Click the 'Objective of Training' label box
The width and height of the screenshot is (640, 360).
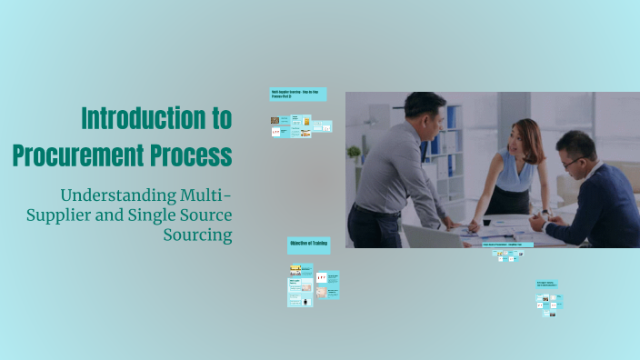(308, 244)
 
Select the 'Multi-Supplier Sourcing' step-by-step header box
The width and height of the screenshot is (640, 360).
(297, 94)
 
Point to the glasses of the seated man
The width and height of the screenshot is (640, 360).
(570, 162)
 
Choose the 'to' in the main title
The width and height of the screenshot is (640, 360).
(219, 118)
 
